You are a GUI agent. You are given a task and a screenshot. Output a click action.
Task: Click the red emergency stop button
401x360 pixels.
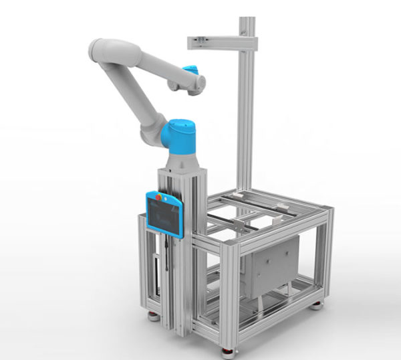point(158,197)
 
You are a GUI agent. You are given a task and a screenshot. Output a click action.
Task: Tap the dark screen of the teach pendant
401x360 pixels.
point(164,217)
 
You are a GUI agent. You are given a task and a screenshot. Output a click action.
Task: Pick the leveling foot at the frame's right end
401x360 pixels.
point(316,305)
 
